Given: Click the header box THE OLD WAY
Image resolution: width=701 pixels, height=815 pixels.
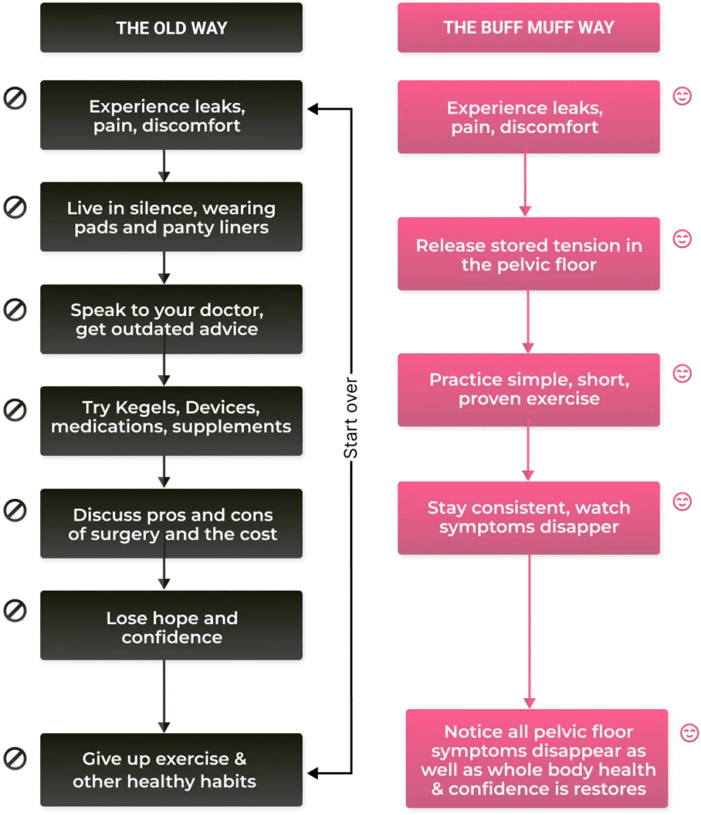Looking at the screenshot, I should coord(172,28).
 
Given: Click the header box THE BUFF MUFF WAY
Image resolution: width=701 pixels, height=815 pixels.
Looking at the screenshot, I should coord(529,28).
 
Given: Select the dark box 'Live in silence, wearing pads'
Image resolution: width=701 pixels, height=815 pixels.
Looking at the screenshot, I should coord(172,217).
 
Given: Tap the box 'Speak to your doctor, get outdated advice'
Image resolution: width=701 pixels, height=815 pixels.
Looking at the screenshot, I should coord(172,320).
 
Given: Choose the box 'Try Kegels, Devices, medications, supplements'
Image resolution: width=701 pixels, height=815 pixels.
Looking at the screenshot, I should coord(172,416).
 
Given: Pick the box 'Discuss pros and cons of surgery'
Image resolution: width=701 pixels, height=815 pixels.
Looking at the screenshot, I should coord(172,524).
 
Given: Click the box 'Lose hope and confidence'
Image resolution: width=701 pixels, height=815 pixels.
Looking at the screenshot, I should coord(172,627).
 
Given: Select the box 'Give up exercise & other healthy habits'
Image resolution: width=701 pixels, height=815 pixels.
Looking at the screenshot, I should coord(172,769).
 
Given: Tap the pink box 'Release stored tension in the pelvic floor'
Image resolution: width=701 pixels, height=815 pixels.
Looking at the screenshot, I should coord(529,254).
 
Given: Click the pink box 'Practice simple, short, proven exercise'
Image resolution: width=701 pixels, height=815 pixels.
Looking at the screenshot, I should coord(529,389).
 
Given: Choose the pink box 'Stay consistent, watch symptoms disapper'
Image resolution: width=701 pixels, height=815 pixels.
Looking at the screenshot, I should coord(529,517).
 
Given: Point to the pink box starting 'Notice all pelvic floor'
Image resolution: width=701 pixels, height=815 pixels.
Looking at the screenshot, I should coord(537,760).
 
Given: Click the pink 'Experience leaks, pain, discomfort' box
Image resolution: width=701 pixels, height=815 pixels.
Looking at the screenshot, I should coord(529,117).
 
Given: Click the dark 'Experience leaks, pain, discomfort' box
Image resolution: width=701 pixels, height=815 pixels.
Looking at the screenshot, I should coord(172,116).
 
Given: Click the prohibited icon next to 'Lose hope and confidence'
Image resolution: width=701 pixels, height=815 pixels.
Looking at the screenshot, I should coord(15,611).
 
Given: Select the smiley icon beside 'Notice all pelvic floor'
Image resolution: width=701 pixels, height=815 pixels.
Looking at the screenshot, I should coord(690,733).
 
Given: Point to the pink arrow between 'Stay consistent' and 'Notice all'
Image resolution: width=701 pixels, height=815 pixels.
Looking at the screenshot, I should coord(529,631).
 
